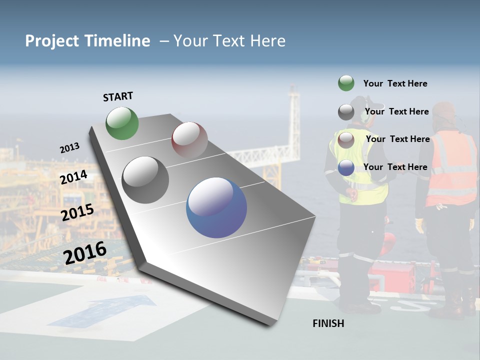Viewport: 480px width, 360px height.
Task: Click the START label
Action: click(x=118, y=96)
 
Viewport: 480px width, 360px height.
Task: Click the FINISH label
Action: click(x=328, y=323)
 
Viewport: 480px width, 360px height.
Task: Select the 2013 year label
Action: click(x=69, y=148)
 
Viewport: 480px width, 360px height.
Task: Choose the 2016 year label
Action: click(x=85, y=253)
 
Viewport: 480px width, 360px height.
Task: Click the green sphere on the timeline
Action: click(x=122, y=123)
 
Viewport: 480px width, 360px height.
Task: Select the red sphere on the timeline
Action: click(x=189, y=139)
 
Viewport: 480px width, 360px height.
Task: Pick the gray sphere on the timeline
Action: click(x=145, y=180)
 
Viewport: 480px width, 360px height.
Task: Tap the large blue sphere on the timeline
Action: click(x=216, y=207)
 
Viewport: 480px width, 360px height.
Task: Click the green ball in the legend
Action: click(x=346, y=83)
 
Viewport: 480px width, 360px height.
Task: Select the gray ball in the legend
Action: click(x=346, y=112)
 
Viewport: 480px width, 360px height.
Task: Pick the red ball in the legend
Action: click(x=346, y=139)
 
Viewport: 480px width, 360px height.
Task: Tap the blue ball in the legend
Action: click(x=346, y=167)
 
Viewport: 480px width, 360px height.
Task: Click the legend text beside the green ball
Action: click(x=395, y=83)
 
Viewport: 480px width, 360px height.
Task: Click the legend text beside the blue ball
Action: click(x=395, y=167)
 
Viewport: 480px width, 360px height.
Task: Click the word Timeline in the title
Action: click(x=117, y=41)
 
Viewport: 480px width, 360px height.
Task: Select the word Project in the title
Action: click(x=52, y=41)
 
